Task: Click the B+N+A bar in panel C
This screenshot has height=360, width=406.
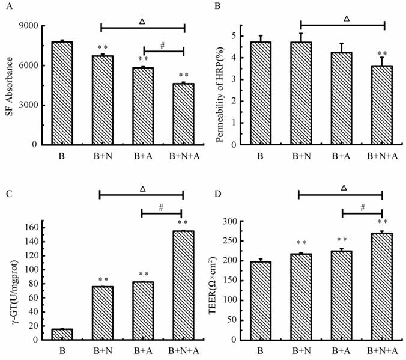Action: [x=183, y=285]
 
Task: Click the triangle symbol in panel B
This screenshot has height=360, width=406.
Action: [x=346, y=19]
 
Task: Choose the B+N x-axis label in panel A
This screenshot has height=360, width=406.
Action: [x=101, y=156]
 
